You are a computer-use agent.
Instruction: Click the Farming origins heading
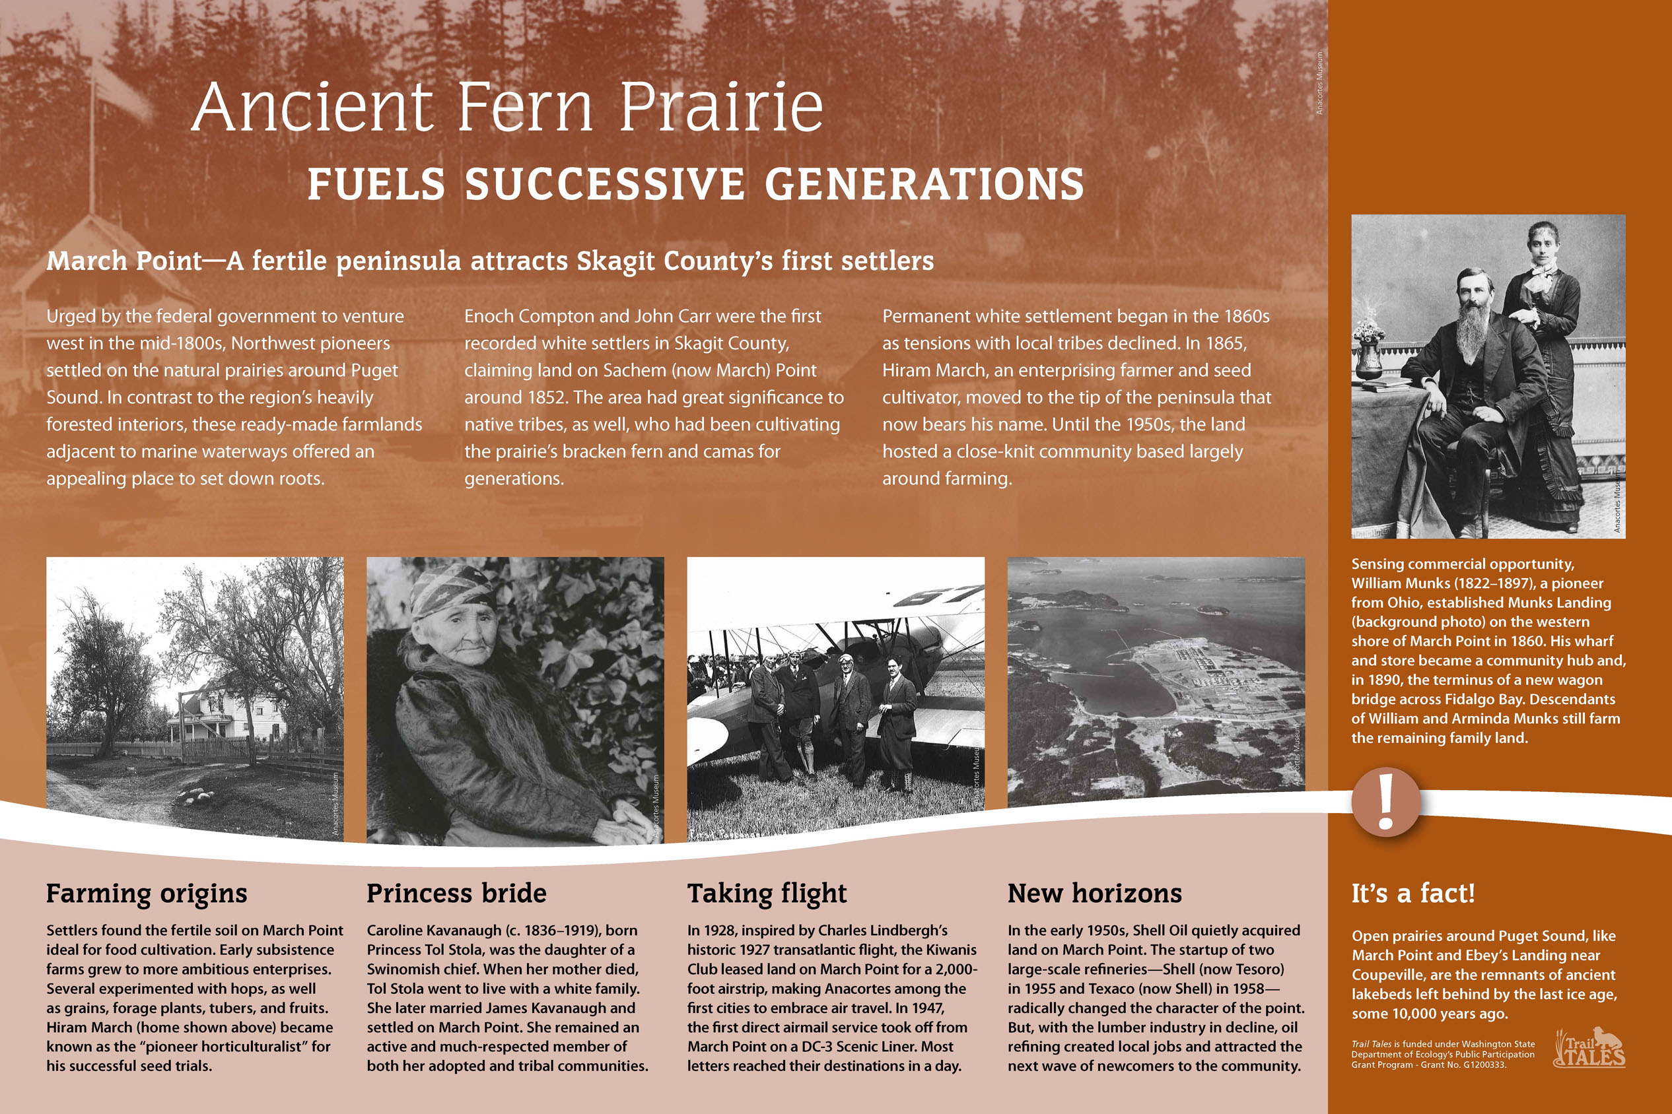147,894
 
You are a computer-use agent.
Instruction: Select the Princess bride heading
456,893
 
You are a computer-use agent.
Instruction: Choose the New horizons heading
1095,893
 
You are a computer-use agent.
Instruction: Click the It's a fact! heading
1413,893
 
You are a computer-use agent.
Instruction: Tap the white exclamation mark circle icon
1385,801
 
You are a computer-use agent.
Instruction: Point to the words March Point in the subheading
124,261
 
